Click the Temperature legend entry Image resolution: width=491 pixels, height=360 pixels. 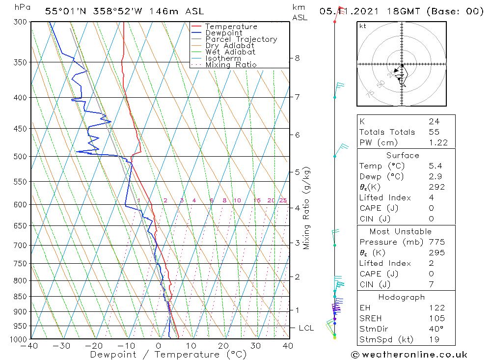click(231, 27)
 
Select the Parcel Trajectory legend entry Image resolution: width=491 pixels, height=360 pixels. click(241, 39)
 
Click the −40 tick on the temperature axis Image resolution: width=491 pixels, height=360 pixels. click(30, 346)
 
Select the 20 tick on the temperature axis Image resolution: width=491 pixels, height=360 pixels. click(223, 346)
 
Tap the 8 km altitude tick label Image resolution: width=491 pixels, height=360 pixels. click(297, 58)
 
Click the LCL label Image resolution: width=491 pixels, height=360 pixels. click(306, 328)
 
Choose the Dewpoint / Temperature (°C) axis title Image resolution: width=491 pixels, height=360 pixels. click(168, 355)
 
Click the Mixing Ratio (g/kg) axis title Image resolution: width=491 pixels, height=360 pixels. click(307, 208)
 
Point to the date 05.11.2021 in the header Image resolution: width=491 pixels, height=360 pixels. click(343, 11)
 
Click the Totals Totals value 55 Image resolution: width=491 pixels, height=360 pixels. click(434, 132)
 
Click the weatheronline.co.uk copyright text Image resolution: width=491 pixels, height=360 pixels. click(409, 355)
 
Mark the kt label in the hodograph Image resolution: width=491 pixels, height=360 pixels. click(363, 26)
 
